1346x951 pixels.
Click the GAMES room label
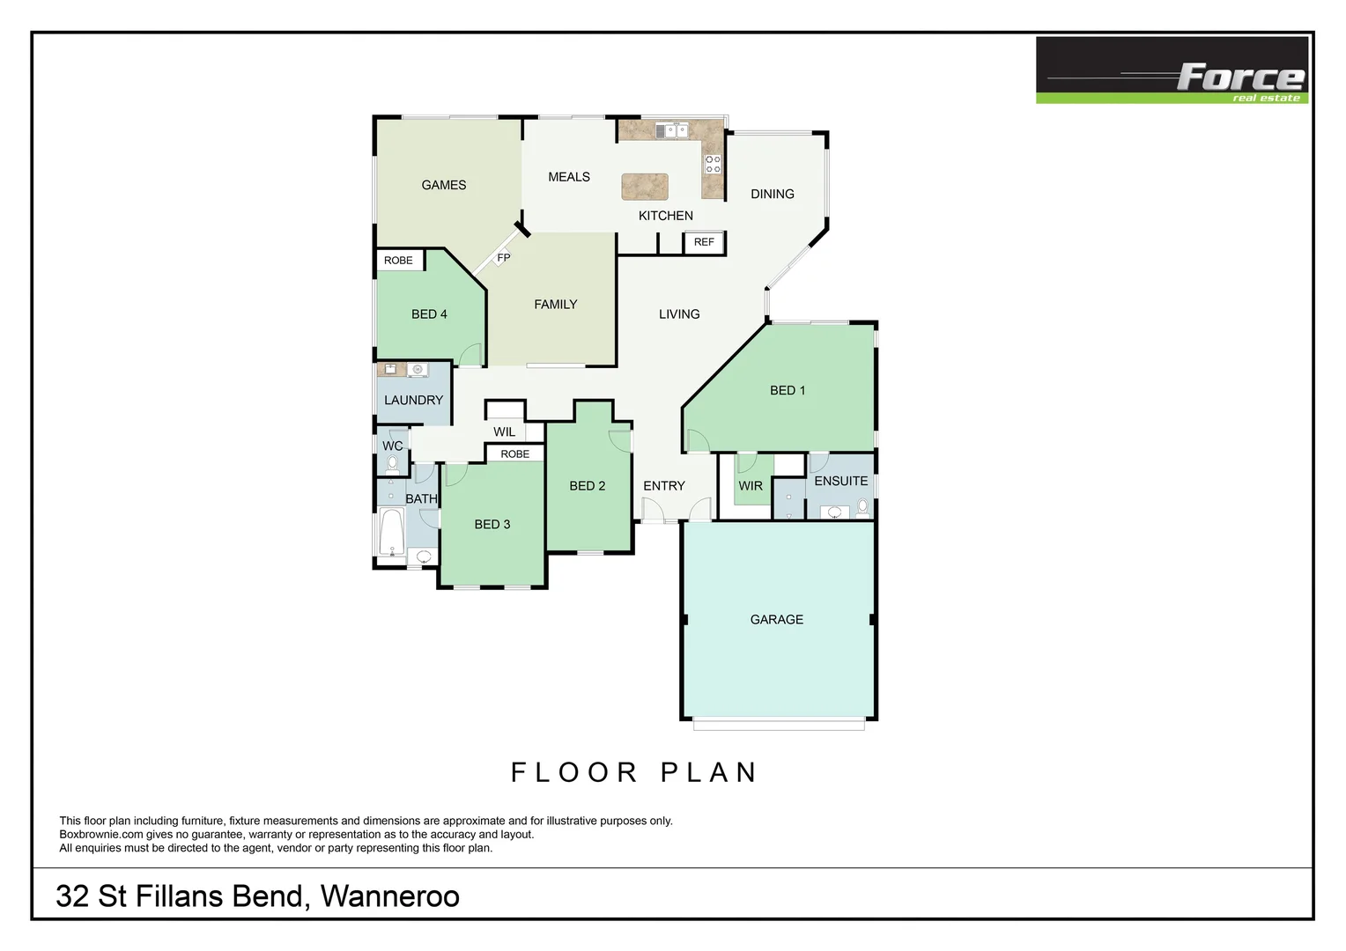click(443, 185)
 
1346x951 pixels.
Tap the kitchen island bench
click(645, 187)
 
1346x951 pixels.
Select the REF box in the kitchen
click(704, 242)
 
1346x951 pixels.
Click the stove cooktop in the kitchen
click(713, 164)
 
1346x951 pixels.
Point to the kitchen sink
click(670, 130)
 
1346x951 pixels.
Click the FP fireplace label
click(504, 258)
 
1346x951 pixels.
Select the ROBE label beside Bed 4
click(398, 261)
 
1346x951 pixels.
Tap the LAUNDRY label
click(413, 400)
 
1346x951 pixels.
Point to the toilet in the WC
click(392, 464)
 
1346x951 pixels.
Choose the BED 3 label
click(492, 524)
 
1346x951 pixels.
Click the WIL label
click(504, 431)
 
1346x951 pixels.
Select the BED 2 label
click(587, 485)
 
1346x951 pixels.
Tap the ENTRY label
click(663, 485)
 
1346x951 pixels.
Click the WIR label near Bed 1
click(751, 485)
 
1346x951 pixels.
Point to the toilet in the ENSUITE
click(862, 507)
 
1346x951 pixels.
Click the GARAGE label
click(776, 619)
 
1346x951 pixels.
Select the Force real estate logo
click(1172, 70)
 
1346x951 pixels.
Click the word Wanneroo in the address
click(389, 896)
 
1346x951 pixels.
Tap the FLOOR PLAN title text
click(634, 772)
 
